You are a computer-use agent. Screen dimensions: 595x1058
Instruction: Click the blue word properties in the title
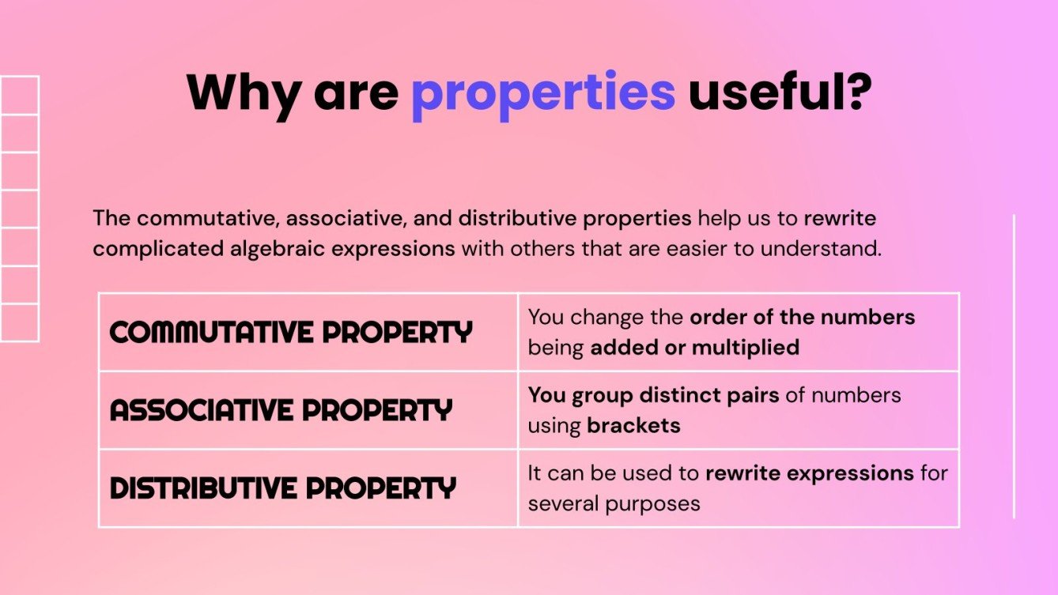click(x=543, y=93)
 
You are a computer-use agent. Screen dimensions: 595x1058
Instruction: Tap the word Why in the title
click(x=243, y=93)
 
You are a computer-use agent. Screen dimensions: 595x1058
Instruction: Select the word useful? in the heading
click(x=780, y=92)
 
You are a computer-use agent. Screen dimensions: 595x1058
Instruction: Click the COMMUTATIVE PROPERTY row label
click(x=291, y=333)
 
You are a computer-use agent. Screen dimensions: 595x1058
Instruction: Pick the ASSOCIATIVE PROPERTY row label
click(x=281, y=410)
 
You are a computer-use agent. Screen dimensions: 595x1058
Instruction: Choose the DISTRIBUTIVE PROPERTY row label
click(x=283, y=488)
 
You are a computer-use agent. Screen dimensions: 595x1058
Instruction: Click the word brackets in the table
click(x=633, y=425)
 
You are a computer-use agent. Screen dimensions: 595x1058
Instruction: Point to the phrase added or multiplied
click(x=694, y=347)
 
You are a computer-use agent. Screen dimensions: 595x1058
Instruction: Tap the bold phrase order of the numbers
click(x=802, y=317)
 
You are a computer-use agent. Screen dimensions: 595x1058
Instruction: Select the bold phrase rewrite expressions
click(x=809, y=473)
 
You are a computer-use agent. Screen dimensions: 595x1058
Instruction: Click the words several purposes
click(x=614, y=503)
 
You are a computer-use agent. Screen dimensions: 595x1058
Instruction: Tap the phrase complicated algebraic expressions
click(x=274, y=249)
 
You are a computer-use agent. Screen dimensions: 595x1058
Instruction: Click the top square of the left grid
click(x=19, y=96)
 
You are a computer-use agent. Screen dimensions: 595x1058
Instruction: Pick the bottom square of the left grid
click(x=19, y=322)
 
